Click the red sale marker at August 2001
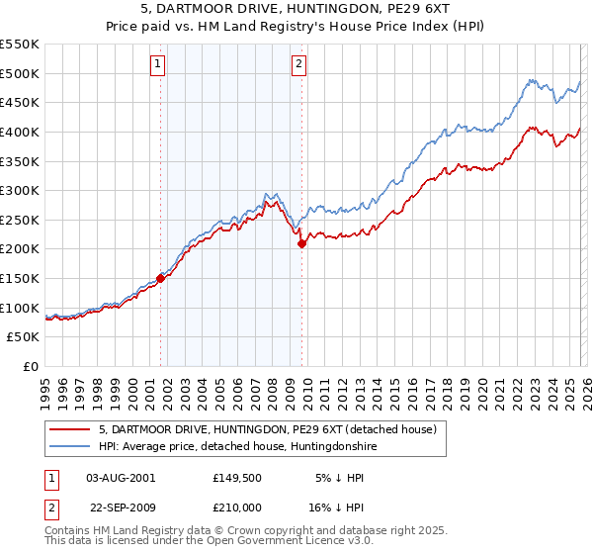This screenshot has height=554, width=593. coord(160,279)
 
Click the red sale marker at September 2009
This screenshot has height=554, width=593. coord(301,243)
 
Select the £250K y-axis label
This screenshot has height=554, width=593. coord(20,220)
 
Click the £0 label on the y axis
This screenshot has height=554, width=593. coord(30,366)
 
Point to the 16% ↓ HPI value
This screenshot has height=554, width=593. coord(336,506)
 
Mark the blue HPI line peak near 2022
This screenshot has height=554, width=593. coord(531,79)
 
